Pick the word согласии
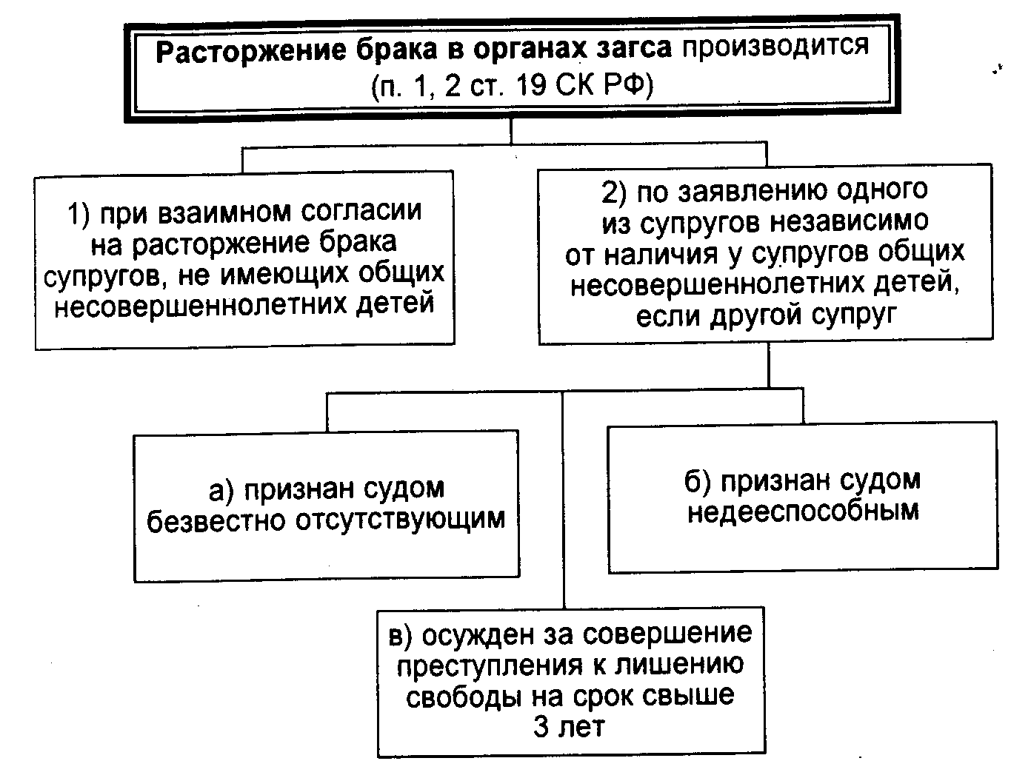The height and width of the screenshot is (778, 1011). click(362, 212)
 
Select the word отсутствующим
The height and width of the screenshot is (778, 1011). click(400, 520)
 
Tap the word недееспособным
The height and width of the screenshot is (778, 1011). click(803, 512)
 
